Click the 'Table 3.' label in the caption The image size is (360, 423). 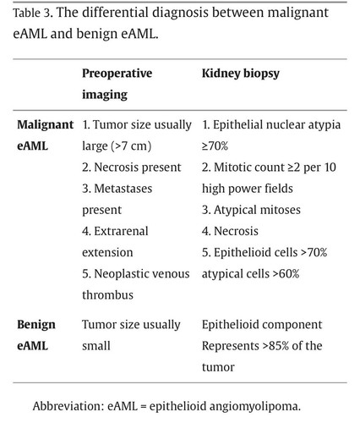click(33, 13)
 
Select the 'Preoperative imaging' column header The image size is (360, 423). click(117, 84)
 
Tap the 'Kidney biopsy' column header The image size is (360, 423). click(241, 74)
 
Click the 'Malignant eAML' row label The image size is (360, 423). click(45, 135)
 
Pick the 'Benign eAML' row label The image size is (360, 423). click(36, 335)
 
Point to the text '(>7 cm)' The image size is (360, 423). click(131, 146)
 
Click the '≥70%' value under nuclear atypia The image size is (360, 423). click(215, 146)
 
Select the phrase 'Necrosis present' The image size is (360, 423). click(138, 168)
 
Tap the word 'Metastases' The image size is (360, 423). click(123, 189)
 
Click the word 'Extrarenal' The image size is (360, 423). click(121, 231)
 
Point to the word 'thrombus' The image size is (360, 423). click(107, 295)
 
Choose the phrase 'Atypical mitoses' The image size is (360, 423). click(257, 210)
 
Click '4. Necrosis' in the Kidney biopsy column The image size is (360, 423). click(230, 231)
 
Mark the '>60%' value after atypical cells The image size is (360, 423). click(289, 274)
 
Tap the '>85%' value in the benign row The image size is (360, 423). click(275, 346)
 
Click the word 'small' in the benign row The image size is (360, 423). click(96, 346)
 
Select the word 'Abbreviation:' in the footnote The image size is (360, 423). click(68, 406)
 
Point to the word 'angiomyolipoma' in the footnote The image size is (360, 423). click(254, 407)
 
